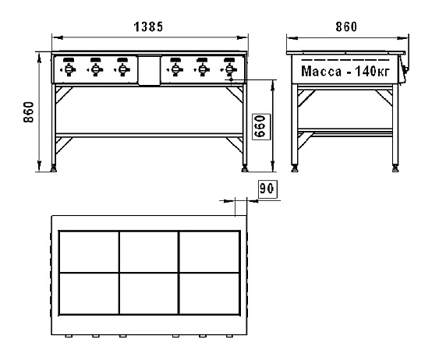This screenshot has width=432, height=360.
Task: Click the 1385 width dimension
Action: (148, 27)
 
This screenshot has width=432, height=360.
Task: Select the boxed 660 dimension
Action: (261, 126)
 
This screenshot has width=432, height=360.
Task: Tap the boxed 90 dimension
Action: (267, 189)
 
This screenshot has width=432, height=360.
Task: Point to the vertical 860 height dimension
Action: (29, 112)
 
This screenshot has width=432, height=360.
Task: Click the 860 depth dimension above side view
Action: (346, 27)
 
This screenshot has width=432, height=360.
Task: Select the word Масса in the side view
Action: (321, 71)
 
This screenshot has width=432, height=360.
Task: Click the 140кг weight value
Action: (372, 71)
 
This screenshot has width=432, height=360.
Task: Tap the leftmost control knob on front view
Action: (69, 69)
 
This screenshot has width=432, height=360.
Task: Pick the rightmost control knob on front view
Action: (229, 69)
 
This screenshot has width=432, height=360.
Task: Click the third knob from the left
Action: (122, 69)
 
